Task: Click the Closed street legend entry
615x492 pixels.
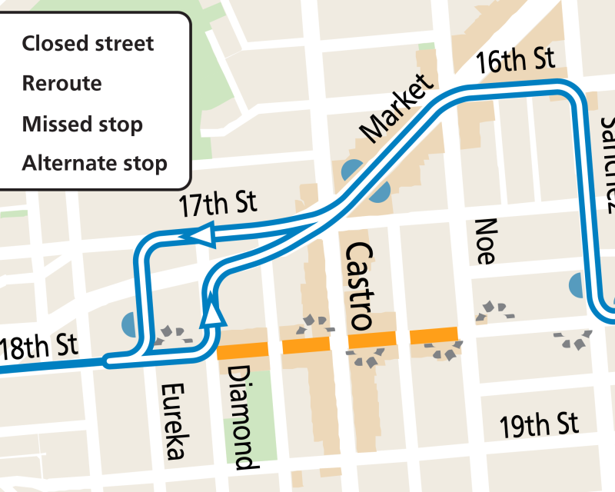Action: tap(88, 43)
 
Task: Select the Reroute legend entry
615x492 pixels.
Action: tap(62, 83)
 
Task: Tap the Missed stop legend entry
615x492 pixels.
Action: tap(82, 123)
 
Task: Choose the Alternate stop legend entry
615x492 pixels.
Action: tap(95, 163)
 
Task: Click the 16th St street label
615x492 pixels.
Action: tap(514, 61)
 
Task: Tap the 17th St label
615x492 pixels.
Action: tap(218, 204)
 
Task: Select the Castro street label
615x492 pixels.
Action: tap(358, 285)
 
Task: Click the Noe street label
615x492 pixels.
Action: tap(484, 241)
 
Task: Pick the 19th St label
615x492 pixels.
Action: tap(538, 424)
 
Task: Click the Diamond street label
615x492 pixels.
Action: tap(241, 417)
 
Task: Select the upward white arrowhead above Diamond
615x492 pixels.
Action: tap(214, 313)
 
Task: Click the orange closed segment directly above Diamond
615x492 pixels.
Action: tap(243, 351)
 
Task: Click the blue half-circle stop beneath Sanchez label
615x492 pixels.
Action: tap(578, 286)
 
